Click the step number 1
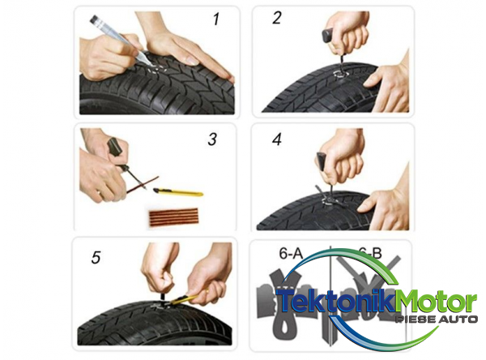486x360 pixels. pyautogui.click(x=216, y=19)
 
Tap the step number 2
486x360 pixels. pyautogui.click(x=276, y=17)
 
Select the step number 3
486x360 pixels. pyautogui.click(x=212, y=139)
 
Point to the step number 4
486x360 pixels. pyautogui.click(x=277, y=139)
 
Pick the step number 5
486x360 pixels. pyautogui.click(x=96, y=258)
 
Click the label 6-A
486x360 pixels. pyautogui.click(x=291, y=253)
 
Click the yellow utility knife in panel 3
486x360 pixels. pyautogui.click(x=178, y=192)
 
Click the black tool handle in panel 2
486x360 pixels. pyautogui.click(x=327, y=36)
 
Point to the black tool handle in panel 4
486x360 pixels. pyautogui.click(x=321, y=161)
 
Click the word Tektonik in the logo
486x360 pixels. pyautogui.click(x=335, y=301)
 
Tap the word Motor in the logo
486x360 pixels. pyautogui.click(x=436, y=301)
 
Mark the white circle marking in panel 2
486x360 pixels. pyautogui.click(x=340, y=74)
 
